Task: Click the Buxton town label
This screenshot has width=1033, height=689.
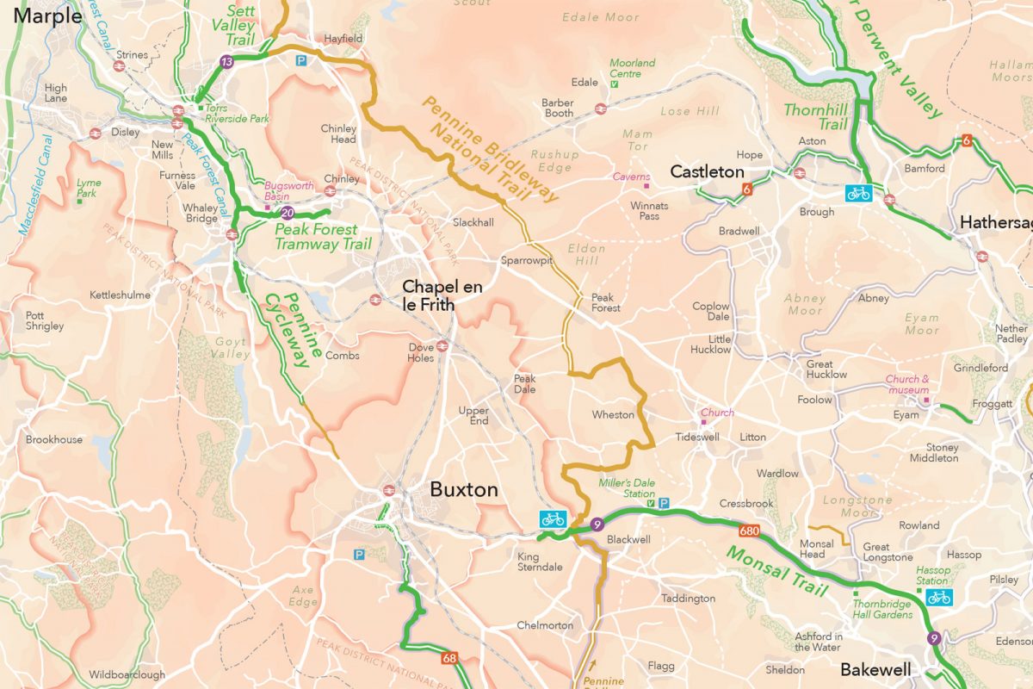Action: tap(464, 490)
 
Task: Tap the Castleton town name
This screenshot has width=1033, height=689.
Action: tap(707, 171)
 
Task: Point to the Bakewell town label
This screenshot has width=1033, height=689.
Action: tap(875, 669)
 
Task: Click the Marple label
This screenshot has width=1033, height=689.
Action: tap(42, 16)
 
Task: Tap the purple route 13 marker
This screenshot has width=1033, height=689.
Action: tap(226, 61)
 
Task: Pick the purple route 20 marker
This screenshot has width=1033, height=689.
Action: tap(288, 213)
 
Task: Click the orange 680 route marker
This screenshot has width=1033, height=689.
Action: tap(748, 530)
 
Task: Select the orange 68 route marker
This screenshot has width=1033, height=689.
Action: tap(448, 659)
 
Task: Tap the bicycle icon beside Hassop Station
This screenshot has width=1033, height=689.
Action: tap(939, 597)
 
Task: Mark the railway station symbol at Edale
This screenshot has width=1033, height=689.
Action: tap(600, 109)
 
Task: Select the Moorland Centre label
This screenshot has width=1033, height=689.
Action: tap(632, 68)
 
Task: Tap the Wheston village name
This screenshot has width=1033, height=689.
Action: tap(613, 415)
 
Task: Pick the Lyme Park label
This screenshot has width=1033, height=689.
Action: tap(88, 188)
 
